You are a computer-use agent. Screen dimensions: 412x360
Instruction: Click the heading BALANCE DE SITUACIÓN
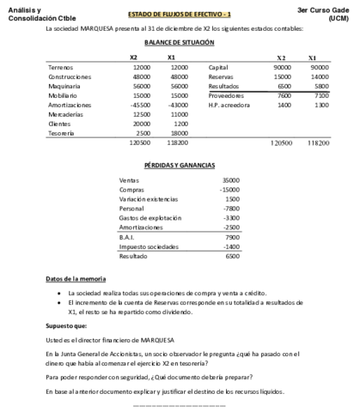(x=180, y=42)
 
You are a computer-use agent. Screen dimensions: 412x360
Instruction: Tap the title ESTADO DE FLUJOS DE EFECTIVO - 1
(x=179, y=15)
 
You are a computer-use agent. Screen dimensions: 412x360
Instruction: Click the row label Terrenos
(x=61, y=67)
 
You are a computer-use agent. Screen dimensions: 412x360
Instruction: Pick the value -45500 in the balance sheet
(x=139, y=105)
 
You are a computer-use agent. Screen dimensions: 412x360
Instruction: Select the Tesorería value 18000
(x=179, y=133)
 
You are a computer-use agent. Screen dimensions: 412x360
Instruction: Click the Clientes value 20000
(x=141, y=124)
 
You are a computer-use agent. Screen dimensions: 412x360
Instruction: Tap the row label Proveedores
(x=227, y=95)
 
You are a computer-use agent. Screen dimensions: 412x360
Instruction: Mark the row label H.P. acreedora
(x=229, y=105)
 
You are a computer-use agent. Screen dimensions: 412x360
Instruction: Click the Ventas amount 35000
(x=230, y=179)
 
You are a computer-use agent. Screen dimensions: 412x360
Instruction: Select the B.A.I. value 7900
(x=232, y=236)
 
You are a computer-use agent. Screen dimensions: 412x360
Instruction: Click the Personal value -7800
(x=230, y=208)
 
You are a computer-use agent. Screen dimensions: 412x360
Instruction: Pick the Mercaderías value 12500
(x=141, y=114)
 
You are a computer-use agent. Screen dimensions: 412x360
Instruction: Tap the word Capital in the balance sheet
(x=218, y=67)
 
